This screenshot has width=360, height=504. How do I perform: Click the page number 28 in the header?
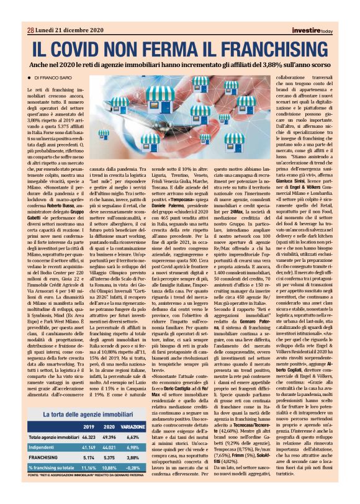30,29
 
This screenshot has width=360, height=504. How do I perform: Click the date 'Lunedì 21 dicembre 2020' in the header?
68,29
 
